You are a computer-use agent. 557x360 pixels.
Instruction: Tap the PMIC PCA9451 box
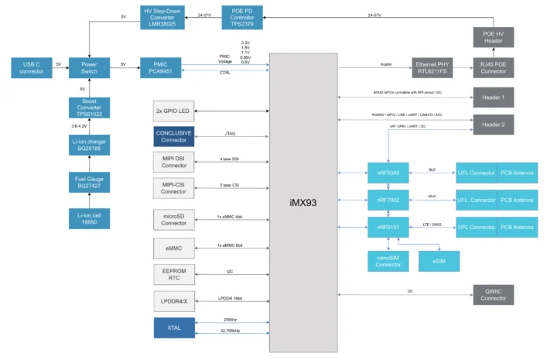point(161,67)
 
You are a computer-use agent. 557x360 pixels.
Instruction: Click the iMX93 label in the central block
point(303,203)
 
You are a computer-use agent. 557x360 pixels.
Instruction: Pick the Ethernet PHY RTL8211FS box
point(435,67)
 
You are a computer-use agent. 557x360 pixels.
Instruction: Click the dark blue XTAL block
point(175,328)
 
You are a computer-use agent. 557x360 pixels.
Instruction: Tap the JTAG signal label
point(230,133)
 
